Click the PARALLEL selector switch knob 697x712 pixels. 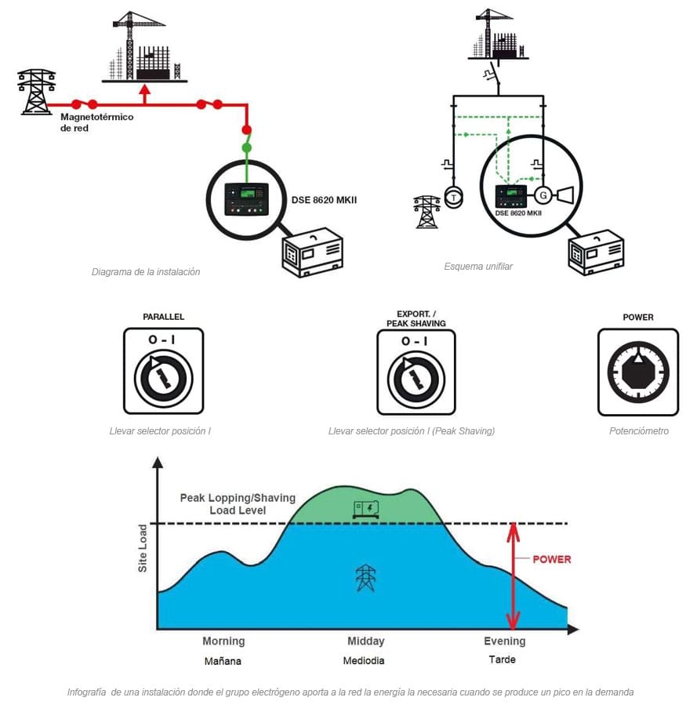coord(164,377)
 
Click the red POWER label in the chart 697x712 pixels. coord(552,559)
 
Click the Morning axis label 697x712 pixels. coord(223,641)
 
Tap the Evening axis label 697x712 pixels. coord(504,641)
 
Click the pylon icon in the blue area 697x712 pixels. coord(365,578)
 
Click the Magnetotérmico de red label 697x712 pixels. coord(96,122)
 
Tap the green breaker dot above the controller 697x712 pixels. coord(246,147)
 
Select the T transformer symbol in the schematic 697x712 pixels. coord(453,198)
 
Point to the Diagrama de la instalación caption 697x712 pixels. coord(146,272)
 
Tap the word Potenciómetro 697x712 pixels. coord(638,431)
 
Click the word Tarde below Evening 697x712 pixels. coord(502,659)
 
